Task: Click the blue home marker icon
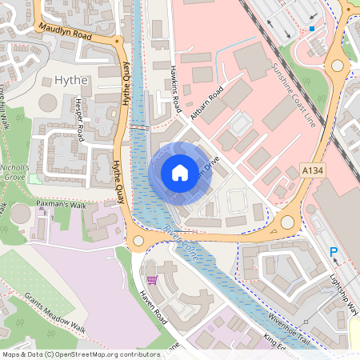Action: click(180, 172)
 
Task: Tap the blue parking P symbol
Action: click(334, 253)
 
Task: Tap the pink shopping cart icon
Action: click(152, 280)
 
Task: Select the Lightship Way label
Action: click(344, 293)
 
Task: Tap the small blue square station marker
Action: click(312, 29)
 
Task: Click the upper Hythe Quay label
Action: click(126, 84)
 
